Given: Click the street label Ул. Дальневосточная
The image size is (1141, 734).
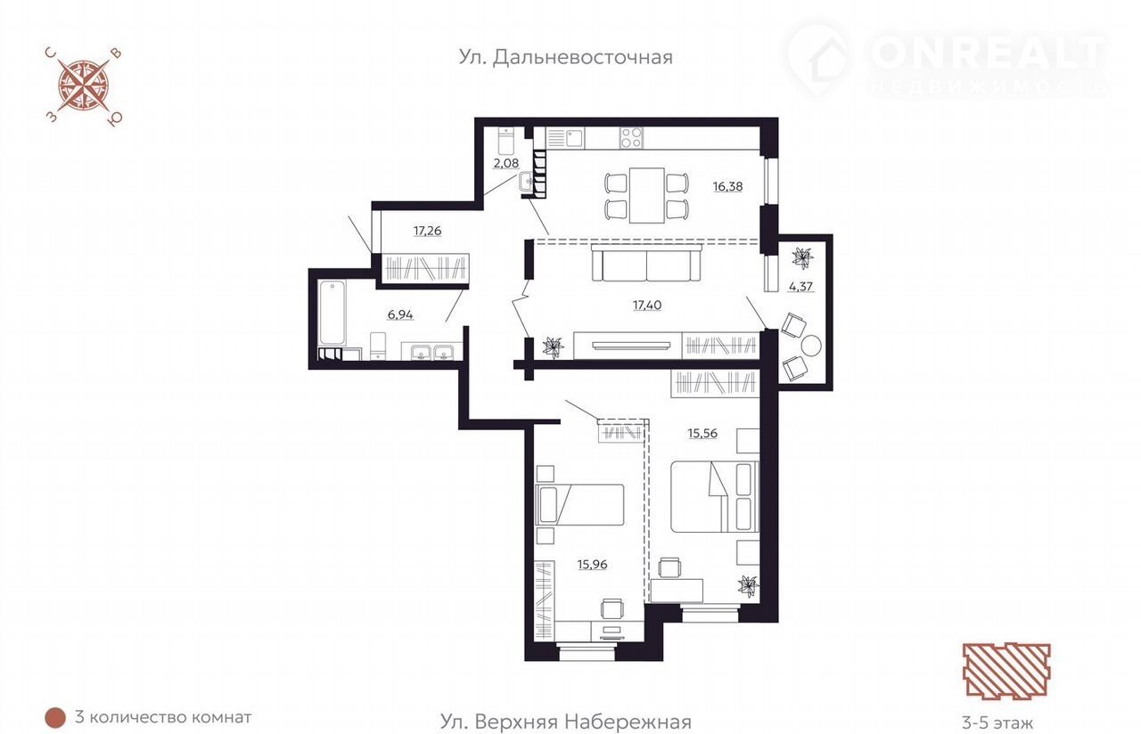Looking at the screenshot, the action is pos(565,58).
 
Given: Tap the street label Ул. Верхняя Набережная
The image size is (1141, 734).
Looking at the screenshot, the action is pos(565,722).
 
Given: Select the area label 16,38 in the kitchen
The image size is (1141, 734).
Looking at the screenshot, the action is pos(728,187).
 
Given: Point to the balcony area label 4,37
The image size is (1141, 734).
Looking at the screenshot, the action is pos(800,287).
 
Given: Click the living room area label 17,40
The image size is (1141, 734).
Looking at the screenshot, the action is pos(647,306).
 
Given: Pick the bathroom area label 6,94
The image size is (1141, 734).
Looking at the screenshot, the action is pos(400,315).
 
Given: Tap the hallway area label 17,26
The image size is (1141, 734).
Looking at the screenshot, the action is pos(427,231).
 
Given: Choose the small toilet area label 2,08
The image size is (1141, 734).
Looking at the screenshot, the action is pos(505,163).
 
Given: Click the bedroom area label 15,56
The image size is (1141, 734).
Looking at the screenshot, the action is pos(702,433).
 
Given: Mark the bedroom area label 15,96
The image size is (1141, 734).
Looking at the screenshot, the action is pos(593,565).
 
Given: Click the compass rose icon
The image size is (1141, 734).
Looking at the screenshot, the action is pos(85,86).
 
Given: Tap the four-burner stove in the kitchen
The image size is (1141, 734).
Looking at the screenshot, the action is pos(631,137).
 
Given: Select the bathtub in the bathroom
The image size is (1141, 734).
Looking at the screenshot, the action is pos(332,313).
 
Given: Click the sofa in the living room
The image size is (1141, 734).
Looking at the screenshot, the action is pos(646,263).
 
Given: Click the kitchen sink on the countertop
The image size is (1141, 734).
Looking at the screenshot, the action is pos(572,138).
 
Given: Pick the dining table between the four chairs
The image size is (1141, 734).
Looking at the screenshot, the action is pos(647,195).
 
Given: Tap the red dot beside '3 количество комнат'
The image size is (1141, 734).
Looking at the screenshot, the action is pos(55,718).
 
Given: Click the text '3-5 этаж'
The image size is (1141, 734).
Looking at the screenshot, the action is pos(997,722).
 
